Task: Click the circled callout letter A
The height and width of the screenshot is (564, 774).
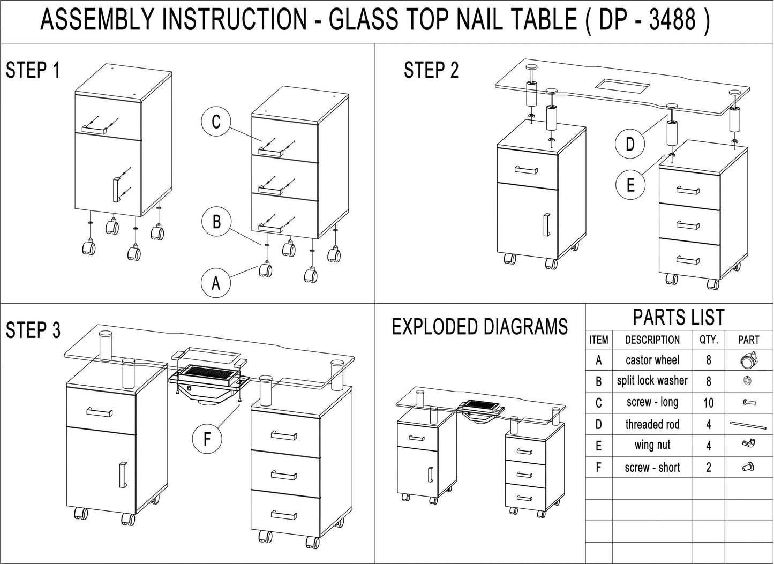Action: [216, 282]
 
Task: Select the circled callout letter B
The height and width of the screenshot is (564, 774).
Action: [216, 221]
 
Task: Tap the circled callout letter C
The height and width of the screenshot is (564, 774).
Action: [216, 122]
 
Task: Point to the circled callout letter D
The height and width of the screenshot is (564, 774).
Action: [630, 144]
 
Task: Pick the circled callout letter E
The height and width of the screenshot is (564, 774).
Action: [630, 185]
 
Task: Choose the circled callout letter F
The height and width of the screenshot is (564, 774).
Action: [207, 440]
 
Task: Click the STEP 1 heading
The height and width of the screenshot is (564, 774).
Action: [33, 70]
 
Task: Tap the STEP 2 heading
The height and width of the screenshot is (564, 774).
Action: [431, 70]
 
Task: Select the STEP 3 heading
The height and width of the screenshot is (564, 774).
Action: [33, 330]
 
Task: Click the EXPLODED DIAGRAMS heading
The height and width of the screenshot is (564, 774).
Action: [479, 327]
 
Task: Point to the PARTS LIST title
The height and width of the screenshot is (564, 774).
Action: [679, 317]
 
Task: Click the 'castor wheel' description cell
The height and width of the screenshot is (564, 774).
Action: [652, 360]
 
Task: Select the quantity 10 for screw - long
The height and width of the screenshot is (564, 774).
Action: [708, 403]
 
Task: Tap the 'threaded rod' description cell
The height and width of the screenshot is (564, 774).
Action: [652, 424]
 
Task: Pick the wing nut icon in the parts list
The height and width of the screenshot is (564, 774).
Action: [748, 444]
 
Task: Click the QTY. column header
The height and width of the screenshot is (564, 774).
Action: [708, 340]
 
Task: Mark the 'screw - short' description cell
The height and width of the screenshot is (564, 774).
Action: [652, 467]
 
